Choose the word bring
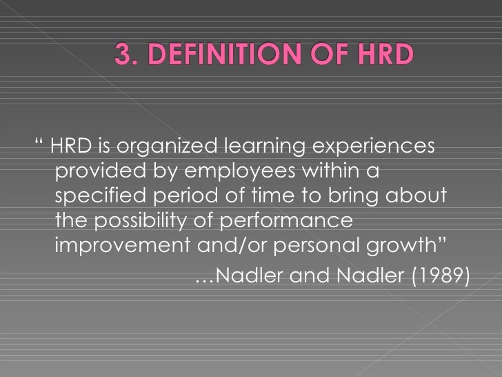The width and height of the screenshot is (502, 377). pyautogui.click(x=347, y=195)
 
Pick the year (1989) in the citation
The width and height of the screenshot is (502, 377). pyautogui.click(x=441, y=276)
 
